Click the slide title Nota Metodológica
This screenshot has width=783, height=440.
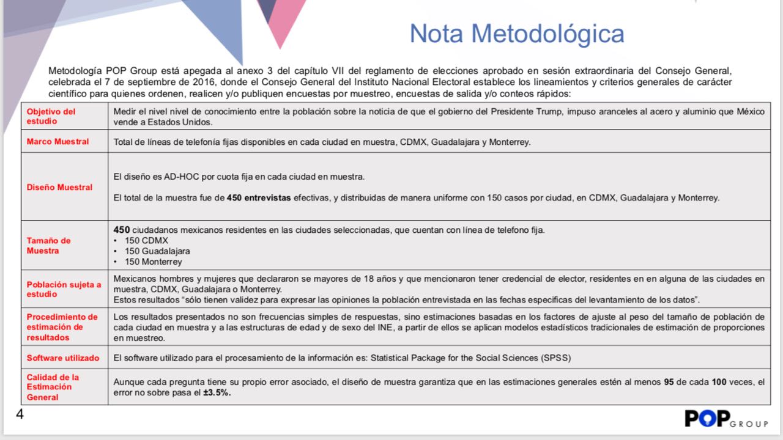517,34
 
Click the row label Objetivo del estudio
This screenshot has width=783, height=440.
51,116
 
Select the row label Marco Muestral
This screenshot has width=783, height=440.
58,142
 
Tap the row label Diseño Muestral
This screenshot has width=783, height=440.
59,187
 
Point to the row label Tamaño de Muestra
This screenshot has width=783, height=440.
49,246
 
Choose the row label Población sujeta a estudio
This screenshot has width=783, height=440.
64,289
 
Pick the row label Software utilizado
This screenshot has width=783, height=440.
63,358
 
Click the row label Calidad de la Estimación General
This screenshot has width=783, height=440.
53,387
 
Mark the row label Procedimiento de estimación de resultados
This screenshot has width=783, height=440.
62,327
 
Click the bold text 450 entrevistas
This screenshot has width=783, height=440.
259,198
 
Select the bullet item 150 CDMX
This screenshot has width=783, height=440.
146,241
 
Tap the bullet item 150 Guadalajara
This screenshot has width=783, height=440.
157,251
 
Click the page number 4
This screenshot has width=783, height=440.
20,415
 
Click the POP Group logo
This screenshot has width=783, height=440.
725,419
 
